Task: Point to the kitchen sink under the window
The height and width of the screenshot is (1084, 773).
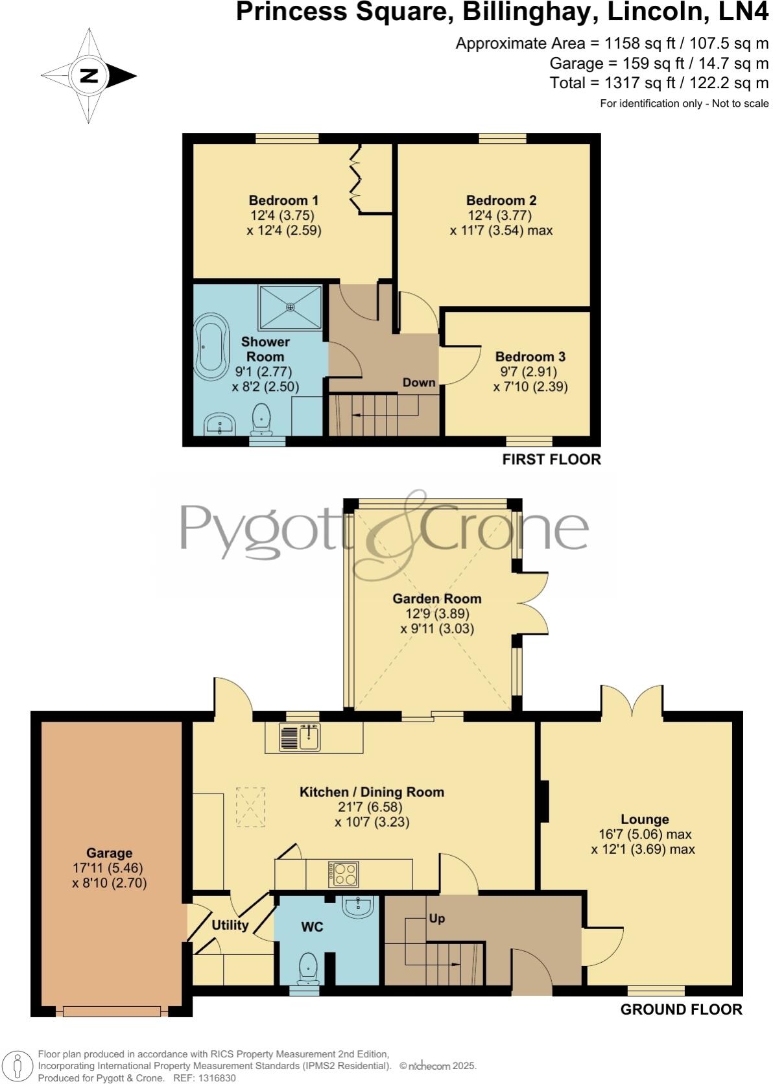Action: [x=300, y=737]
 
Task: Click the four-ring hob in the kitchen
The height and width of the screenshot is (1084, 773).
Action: [x=344, y=874]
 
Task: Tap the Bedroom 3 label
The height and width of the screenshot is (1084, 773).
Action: [x=530, y=357]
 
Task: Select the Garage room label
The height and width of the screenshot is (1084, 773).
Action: [x=110, y=853]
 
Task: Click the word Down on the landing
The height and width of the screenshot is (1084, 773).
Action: [x=418, y=382]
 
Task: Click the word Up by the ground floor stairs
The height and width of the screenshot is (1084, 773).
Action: [x=436, y=918]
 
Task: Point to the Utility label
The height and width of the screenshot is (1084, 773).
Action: [x=230, y=925]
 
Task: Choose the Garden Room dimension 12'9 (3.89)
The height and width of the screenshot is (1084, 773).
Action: [x=436, y=613]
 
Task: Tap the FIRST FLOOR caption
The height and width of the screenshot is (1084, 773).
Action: [x=551, y=459]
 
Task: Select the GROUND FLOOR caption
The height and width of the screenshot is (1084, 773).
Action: [x=681, y=1009]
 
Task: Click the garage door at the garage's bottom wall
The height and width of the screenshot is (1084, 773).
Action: [x=112, y=1011]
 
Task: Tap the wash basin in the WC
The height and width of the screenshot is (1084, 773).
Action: [x=359, y=908]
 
